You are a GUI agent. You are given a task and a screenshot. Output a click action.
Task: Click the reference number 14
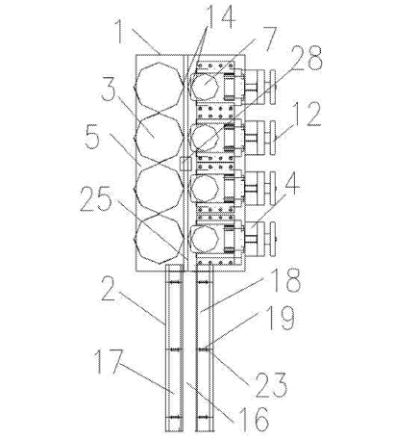pos(221,18)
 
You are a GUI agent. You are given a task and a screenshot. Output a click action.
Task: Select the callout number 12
pos(306,114)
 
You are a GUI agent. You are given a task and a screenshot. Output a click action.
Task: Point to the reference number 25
pos(96,199)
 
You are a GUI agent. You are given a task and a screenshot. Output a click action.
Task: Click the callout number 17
pos(109,362)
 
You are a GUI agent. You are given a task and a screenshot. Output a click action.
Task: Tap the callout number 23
pos(271,385)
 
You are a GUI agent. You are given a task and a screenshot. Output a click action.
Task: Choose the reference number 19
pos(280,318)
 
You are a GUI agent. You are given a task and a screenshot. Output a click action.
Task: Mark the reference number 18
pos(285,280)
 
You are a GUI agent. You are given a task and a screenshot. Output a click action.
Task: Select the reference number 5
pos(92,137)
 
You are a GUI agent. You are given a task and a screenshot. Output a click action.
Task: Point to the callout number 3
pos(109,91)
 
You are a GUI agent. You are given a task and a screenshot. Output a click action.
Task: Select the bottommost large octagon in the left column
pos(160,239)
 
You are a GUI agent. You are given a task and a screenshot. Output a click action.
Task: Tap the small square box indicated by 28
pos(185,164)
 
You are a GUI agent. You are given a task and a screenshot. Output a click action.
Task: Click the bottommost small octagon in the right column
pos(205,239)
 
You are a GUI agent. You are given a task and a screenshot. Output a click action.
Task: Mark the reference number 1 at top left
pos(120,32)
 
